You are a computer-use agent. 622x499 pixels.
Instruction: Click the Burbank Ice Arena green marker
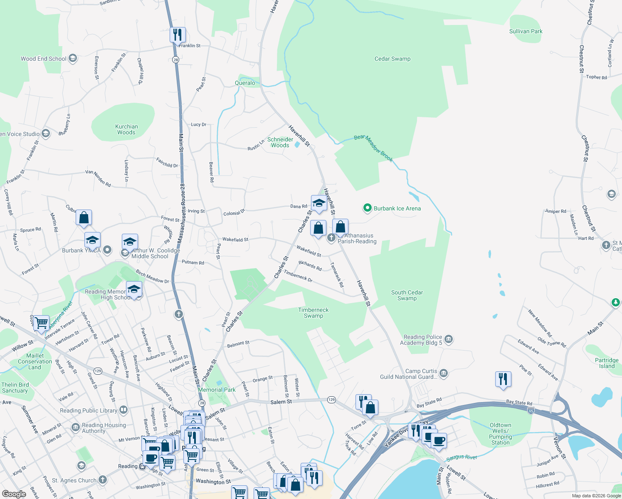coord(367,208)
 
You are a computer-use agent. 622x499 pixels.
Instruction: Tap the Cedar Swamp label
coord(392,59)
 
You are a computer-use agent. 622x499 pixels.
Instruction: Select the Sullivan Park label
coord(526,31)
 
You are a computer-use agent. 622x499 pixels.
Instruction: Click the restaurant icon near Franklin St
coord(178,35)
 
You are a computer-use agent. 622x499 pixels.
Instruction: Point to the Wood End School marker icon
coord(73,58)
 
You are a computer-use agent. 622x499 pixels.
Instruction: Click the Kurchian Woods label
coord(126,129)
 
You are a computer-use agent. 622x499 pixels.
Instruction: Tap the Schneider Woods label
coord(280,142)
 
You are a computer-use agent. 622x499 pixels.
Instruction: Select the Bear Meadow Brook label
coord(373,147)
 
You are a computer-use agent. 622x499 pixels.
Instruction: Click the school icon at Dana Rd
coord(318,203)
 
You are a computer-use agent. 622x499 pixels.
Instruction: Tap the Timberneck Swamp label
coord(313,313)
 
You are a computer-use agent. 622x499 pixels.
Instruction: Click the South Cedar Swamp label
coord(407,295)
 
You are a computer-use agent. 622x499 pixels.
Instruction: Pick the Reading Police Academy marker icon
coord(449,339)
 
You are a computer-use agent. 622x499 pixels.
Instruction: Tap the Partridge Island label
coord(607,363)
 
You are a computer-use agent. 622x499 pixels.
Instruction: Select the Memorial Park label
coord(217,390)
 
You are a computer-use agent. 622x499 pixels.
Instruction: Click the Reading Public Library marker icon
coord(123,410)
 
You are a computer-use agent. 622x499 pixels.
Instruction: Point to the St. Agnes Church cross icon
coord(103,480)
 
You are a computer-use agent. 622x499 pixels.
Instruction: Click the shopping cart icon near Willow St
coord(41,323)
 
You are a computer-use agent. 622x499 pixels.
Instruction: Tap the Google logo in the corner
coord(14,494)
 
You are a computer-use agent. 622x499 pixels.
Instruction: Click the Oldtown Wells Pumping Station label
coord(500,434)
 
